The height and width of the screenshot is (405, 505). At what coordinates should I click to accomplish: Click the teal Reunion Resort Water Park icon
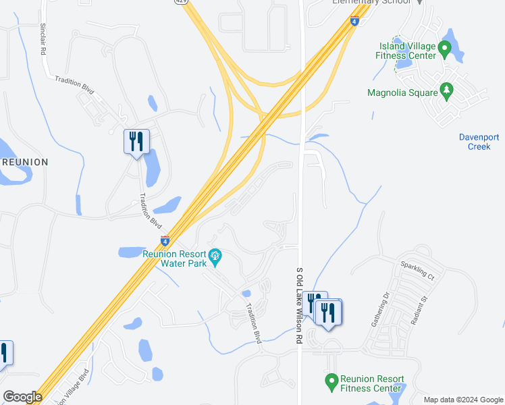(215, 255)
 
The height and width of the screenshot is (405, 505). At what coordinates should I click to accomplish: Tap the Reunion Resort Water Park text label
(174, 259)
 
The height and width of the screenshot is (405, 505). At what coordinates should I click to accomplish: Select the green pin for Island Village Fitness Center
(444, 49)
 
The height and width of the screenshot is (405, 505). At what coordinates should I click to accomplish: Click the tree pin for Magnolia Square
(446, 90)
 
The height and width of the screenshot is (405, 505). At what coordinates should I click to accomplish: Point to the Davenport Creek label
(479, 142)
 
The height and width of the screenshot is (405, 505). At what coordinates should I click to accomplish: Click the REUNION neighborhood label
(26, 162)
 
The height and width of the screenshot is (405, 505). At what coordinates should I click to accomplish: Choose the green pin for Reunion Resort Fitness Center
(331, 381)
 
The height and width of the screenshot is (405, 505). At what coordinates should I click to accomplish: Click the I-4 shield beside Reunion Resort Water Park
(165, 240)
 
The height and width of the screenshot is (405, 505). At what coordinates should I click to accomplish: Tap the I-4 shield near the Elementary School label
(354, 22)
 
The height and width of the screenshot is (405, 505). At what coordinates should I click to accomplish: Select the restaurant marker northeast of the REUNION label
(137, 142)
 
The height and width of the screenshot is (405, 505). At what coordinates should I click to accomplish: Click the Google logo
(22, 397)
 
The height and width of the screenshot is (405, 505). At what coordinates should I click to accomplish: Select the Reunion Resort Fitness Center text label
(373, 383)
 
